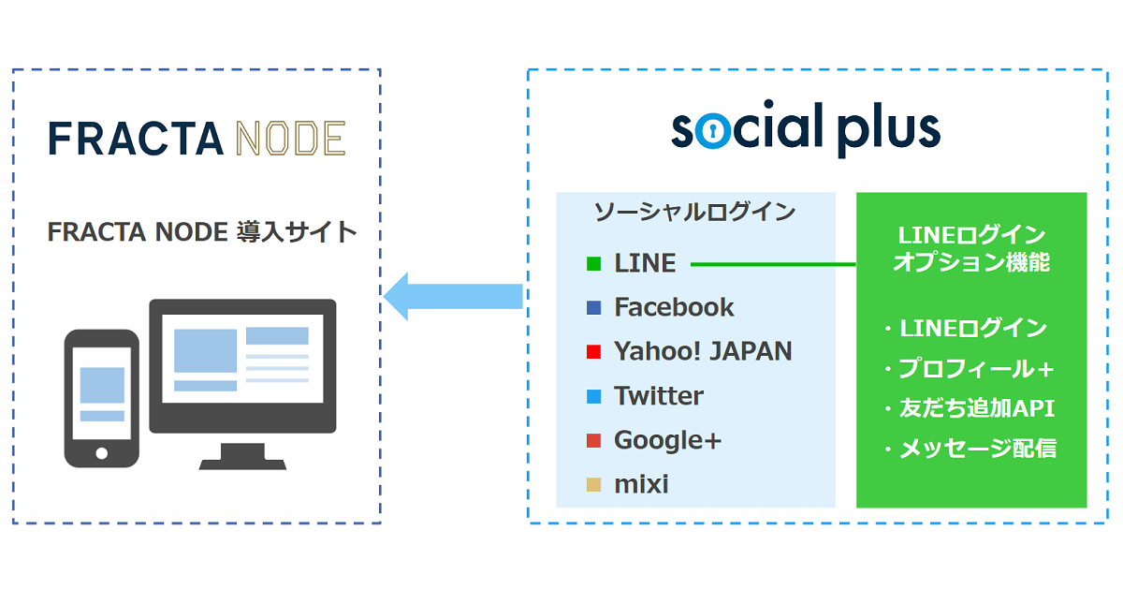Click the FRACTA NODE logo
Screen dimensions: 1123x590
[x=197, y=138]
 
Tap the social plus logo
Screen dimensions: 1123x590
[x=806, y=128]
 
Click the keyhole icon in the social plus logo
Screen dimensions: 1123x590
[x=712, y=131]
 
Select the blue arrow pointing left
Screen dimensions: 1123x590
[x=453, y=296]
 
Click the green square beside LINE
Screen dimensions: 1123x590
[x=593, y=263]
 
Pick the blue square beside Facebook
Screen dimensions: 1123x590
[x=593, y=307]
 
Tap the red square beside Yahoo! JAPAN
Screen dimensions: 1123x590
[x=593, y=352]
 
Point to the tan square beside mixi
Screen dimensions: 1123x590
[x=593, y=485]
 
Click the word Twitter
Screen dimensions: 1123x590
[x=659, y=396]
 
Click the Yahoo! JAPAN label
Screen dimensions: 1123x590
[x=703, y=351]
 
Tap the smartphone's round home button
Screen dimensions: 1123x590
[x=102, y=453]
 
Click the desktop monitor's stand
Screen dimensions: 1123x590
[x=242, y=456]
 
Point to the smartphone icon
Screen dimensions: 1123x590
[x=102, y=398]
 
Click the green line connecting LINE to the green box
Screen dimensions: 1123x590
[x=773, y=264]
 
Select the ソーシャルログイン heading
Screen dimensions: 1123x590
[x=694, y=213]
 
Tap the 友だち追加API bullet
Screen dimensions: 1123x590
[x=970, y=408]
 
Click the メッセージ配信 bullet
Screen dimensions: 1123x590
[x=970, y=448]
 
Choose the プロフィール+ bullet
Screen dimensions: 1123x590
[x=970, y=369]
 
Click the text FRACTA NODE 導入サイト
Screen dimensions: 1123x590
[x=202, y=232]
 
